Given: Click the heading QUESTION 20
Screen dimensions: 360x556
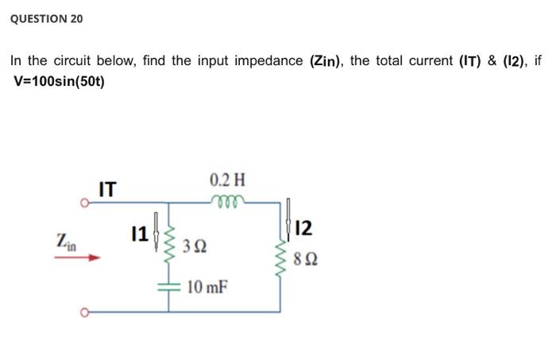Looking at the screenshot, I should point(46,18).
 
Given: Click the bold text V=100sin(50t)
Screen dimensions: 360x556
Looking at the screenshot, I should point(60,81).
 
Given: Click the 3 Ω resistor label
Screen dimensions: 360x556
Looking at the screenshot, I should point(195,246).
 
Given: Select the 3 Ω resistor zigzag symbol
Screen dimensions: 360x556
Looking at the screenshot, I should point(168,246).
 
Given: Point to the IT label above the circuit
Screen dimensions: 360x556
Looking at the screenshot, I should point(107,190).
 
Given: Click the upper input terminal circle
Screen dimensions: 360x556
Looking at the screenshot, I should point(83,203).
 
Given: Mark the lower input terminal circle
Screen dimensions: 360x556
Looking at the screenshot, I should point(83,312).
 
